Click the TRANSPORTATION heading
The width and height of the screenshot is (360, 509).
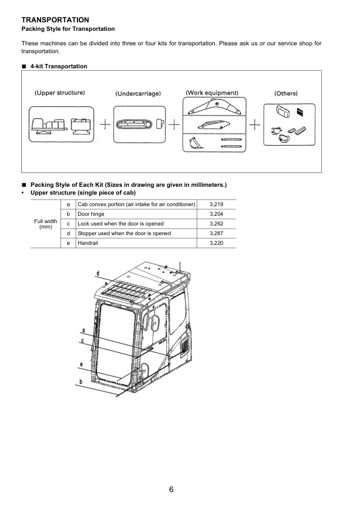(x=55, y=20)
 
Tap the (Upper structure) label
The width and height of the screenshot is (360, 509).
(x=60, y=93)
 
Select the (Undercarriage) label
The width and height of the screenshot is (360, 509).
(x=138, y=94)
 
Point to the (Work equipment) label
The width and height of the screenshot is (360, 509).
(x=212, y=93)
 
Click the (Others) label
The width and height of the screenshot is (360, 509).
(x=286, y=94)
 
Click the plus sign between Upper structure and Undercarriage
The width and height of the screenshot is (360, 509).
(x=105, y=125)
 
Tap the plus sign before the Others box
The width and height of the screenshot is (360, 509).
(x=255, y=125)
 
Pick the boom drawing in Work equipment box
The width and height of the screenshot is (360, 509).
(x=215, y=107)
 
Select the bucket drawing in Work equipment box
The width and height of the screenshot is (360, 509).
(x=196, y=143)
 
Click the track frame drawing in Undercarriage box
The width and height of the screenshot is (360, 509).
(x=134, y=125)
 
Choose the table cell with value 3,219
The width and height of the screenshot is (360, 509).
(x=217, y=204)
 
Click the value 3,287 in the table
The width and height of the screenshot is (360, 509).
(x=217, y=233)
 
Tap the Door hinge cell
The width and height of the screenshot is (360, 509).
(x=91, y=214)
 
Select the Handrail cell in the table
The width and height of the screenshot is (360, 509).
(x=88, y=243)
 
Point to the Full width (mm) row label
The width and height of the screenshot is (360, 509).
(x=45, y=224)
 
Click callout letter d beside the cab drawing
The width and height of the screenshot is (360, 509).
(x=98, y=273)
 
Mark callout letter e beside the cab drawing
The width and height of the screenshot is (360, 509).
(x=81, y=365)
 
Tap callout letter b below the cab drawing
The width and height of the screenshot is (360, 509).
(x=81, y=382)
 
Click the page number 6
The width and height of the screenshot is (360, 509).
(x=171, y=489)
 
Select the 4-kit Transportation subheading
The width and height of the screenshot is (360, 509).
(x=59, y=66)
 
